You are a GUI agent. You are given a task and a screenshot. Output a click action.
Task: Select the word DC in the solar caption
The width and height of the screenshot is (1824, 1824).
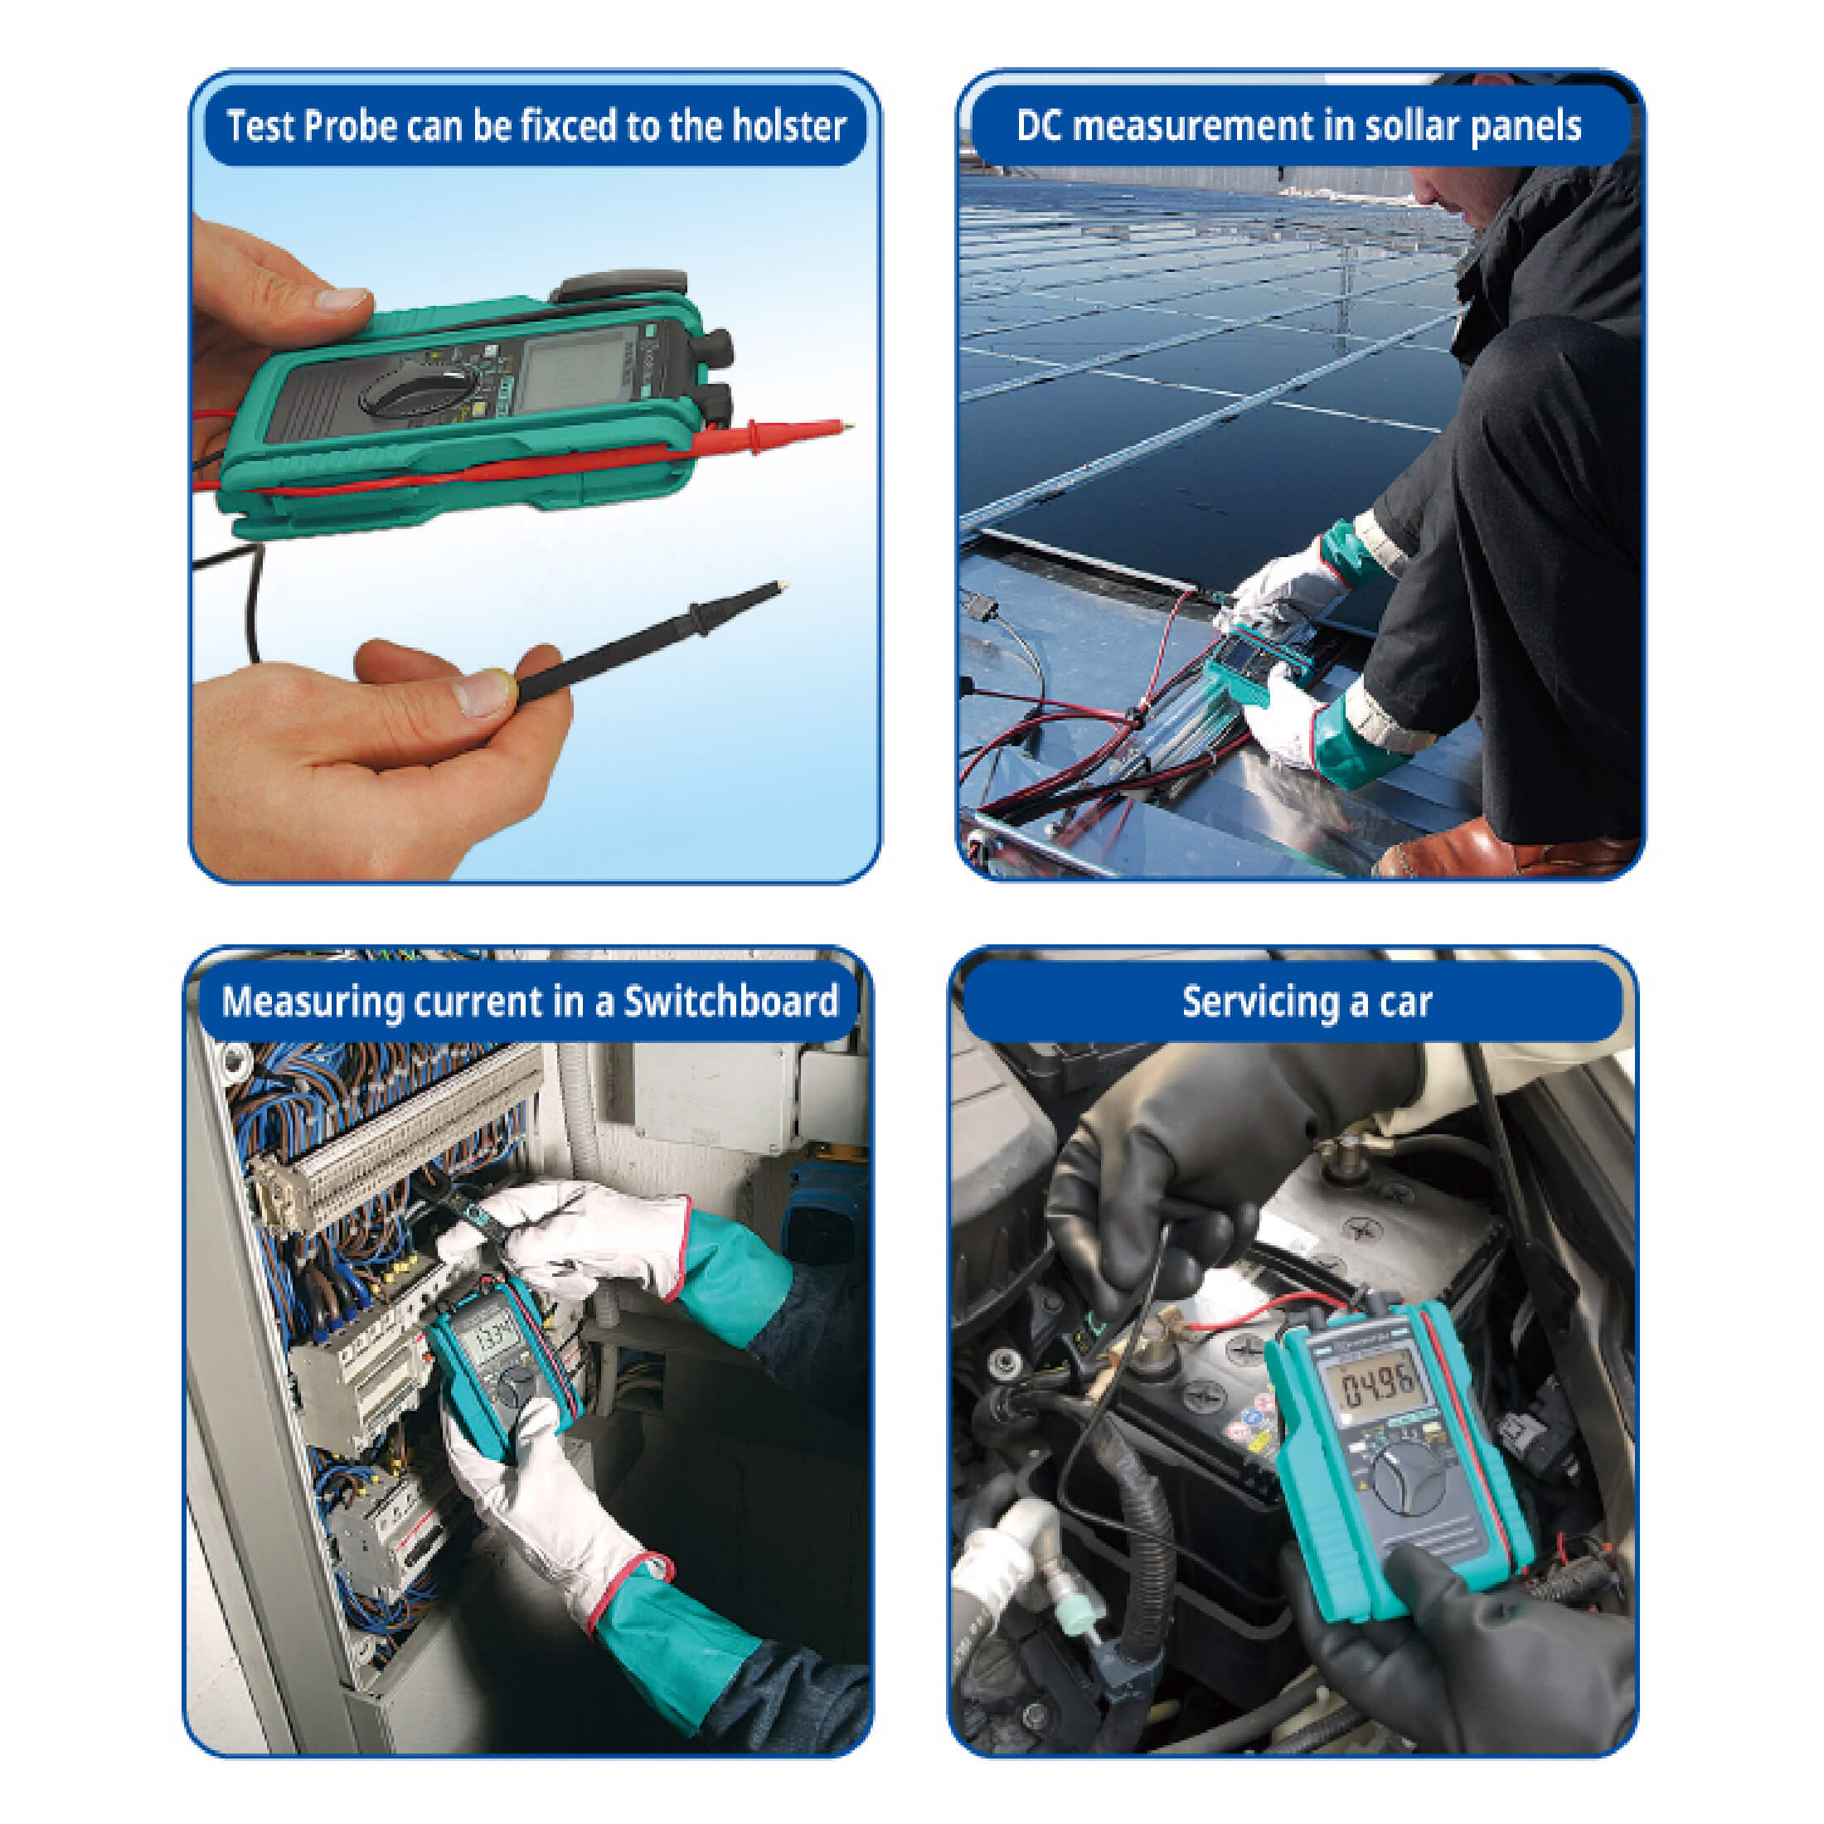pyautogui.click(x=1040, y=125)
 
